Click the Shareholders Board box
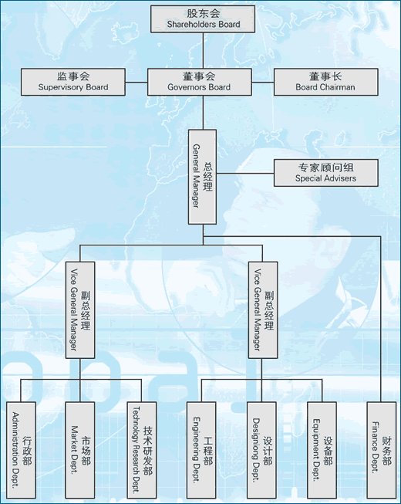[x=203, y=19]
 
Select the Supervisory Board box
[x=73, y=82]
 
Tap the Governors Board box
[x=200, y=82]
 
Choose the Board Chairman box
[x=326, y=82]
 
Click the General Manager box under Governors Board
[x=202, y=177]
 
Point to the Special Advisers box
[x=326, y=173]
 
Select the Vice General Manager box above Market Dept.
[x=80, y=310]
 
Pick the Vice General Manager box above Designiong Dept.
[x=263, y=310]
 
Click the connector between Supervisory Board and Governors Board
[x=136, y=83]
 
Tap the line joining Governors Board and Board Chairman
[x=263, y=83]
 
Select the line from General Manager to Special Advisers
[x=245, y=174]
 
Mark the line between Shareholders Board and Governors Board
[x=203, y=50]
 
